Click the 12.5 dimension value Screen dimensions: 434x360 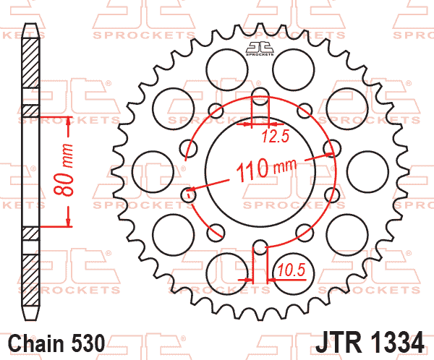coord(276,136)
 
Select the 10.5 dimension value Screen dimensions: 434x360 coord(292,270)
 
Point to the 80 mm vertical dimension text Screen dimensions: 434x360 coord(64,170)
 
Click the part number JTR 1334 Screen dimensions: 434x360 coord(370,343)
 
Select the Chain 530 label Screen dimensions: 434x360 coord(56,343)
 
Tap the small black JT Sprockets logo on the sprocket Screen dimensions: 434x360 coord(260,48)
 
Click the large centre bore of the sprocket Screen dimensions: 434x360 coord(260,171)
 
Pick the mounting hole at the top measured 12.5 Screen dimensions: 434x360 coord(260,97)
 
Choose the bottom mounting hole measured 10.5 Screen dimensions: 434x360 coord(260,247)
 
